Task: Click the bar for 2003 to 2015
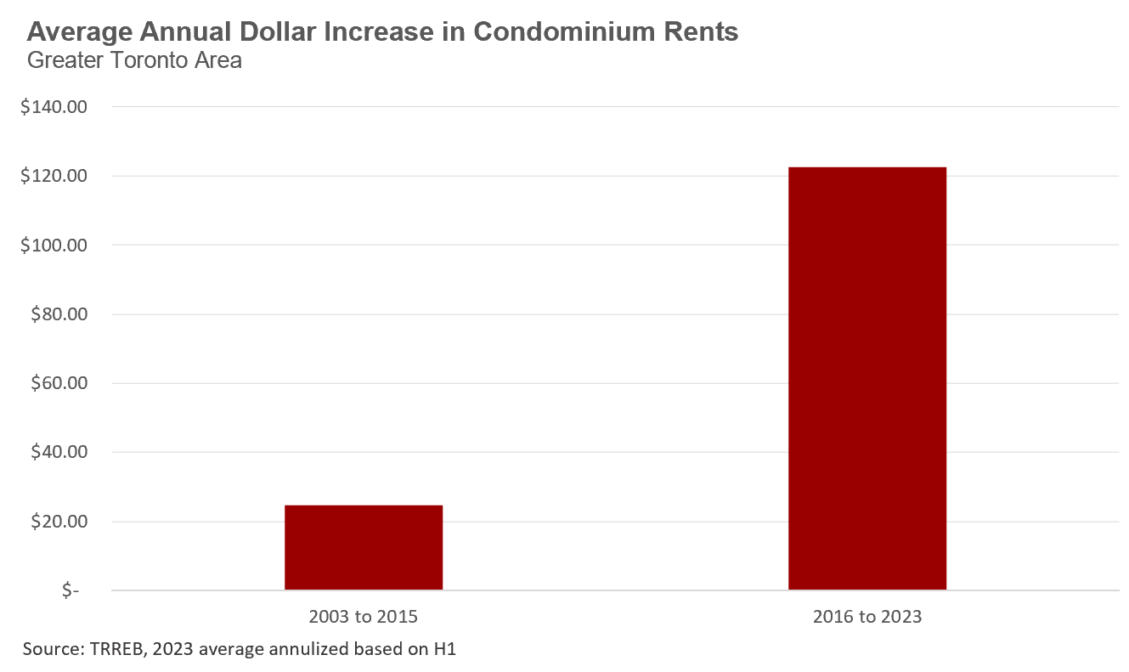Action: click(364, 547)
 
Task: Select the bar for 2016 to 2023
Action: click(867, 378)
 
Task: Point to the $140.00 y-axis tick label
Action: click(59, 107)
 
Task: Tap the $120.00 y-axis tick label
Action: click(59, 177)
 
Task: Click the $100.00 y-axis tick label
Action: click(59, 246)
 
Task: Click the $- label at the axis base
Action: click(71, 591)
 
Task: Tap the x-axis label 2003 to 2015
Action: click(364, 617)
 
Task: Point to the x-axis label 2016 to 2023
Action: click(867, 617)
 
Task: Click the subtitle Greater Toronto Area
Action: click(134, 60)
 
